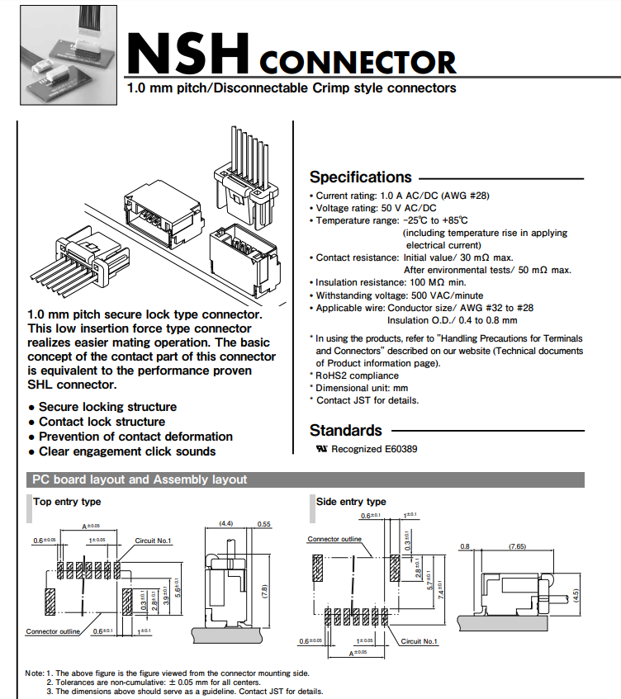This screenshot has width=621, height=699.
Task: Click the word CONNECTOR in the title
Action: [358, 63]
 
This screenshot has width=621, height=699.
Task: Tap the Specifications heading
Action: [360, 177]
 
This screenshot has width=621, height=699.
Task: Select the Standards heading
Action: [345, 430]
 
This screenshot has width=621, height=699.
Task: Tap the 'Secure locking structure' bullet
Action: [107, 407]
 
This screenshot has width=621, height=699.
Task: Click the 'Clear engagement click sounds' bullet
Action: [126, 451]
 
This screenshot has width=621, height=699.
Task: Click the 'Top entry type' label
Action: [67, 501]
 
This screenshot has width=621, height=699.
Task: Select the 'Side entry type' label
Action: [351, 501]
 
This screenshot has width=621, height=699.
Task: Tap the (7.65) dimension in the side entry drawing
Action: [518, 546]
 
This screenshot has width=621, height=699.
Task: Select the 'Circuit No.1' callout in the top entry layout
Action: [153, 541]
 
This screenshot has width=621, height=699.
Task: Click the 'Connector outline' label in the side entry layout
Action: [334, 539]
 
